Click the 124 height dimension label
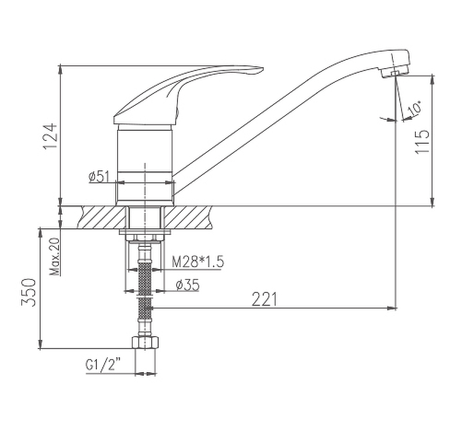pyautogui.click(x=50, y=137)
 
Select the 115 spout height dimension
pyautogui.click(x=422, y=141)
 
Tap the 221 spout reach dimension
pyautogui.click(x=264, y=299)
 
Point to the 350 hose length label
pyautogui.click(x=28, y=293)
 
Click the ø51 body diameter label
pyautogui.click(x=99, y=177)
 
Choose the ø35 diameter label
pyautogui.click(x=187, y=284)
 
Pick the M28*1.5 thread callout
pyautogui.click(x=198, y=261)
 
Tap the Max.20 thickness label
pyautogui.click(x=55, y=256)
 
